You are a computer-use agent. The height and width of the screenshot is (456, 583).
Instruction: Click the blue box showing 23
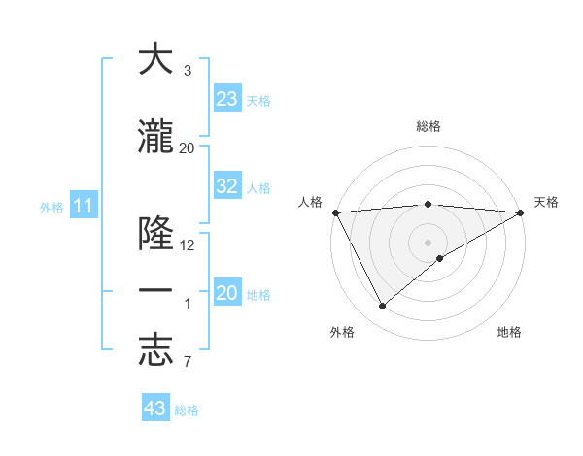tap(226, 99)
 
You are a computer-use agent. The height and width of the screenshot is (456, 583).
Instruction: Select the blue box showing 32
tap(226, 186)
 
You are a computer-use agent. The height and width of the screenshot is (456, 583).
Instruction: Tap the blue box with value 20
tap(226, 293)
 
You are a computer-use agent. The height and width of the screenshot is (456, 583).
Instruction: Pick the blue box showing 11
tap(83, 206)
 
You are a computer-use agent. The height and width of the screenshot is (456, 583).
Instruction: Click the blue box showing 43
tap(154, 408)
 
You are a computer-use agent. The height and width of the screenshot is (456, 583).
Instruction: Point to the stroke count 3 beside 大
tap(188, 71)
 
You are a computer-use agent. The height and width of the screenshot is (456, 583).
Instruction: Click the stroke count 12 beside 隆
tap(188, 244)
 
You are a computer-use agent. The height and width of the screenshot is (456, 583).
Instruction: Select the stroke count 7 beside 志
tap(188, 363)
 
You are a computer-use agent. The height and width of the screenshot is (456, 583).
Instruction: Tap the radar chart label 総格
tap(429, 126)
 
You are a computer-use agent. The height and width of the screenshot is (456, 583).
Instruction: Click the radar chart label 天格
tap(546, 202)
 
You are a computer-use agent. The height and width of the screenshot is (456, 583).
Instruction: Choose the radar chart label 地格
tap(509, 332)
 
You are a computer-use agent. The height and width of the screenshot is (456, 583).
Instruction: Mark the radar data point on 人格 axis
tap(335, 212)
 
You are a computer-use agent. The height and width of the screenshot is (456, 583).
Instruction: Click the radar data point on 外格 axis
tap(382, 306)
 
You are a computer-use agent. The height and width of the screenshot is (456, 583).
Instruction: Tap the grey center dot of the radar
tap(429, 242)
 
